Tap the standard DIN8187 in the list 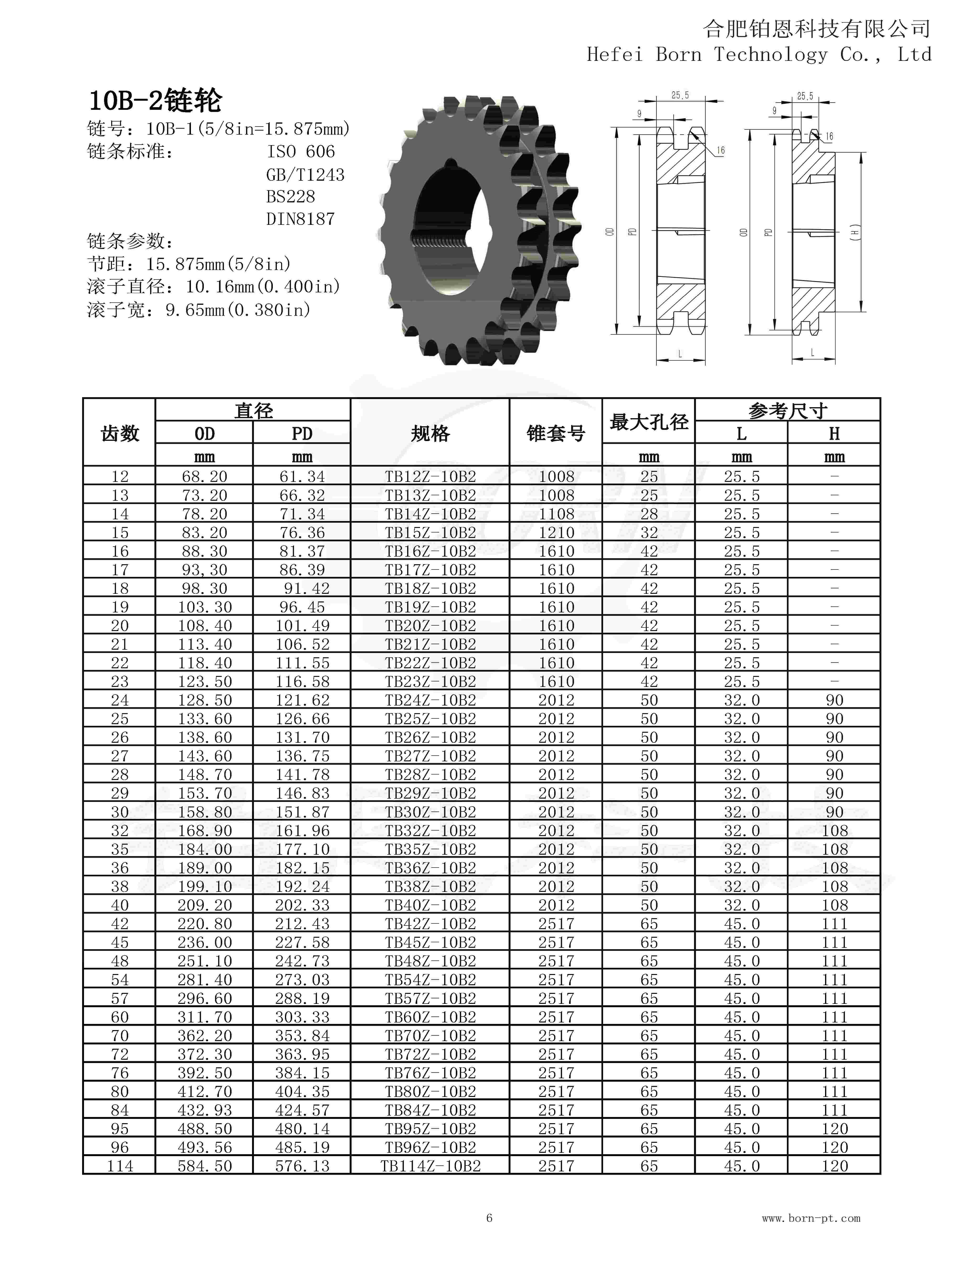pyautogui.click(x=300, y=219)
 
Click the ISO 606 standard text pyautogui.click(x=300, y=152)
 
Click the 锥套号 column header pyautogui.click(x=555, y=433)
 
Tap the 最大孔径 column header pyautogui.click(x=649, y=422)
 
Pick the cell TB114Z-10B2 pyautogui.click(x=430, y=1166)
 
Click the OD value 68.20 pyautogui.click(x=204, y=476)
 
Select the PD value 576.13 pyautogui.click(x=302, y=1166)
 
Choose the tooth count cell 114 pyautogui.click(x=120, y=1166)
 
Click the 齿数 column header pyautogui.click(x=120, y=433)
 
